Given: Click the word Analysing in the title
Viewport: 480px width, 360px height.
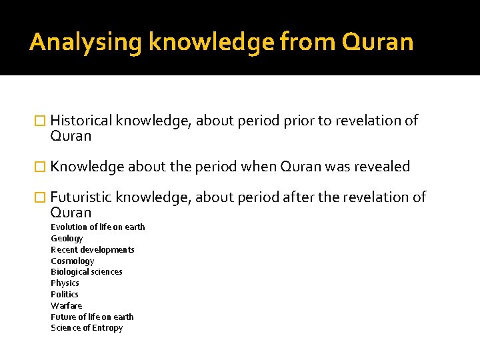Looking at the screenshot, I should click(86, 43).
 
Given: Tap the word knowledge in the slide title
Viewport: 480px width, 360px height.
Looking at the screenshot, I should click(211, 43).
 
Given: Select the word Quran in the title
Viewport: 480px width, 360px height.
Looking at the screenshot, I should click(377, 43).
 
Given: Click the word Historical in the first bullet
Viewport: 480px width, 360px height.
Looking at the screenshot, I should click(81, 121).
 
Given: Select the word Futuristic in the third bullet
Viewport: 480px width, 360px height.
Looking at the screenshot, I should click(81, 197).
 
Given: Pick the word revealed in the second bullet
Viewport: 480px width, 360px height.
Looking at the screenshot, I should click(384, 167).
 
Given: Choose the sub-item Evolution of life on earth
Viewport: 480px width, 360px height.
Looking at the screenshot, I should click(97, 227).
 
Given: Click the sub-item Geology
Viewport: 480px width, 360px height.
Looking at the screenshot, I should click(67, 239).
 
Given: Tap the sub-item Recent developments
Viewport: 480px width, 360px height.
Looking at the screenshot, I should click(93, 250).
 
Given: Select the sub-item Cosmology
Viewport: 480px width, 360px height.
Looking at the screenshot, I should click(72, 261).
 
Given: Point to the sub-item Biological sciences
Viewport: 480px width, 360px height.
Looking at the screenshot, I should click(87, 272).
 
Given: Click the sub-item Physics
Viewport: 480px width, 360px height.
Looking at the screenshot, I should click(65, 283).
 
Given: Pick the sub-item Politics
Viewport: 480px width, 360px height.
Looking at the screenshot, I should click(65, 295).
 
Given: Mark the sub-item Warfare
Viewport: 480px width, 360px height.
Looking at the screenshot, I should click(67, 306).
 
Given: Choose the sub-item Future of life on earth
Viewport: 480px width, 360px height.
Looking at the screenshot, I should click(92, 317).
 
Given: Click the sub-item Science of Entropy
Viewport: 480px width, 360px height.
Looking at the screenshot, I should click(87, 328).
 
